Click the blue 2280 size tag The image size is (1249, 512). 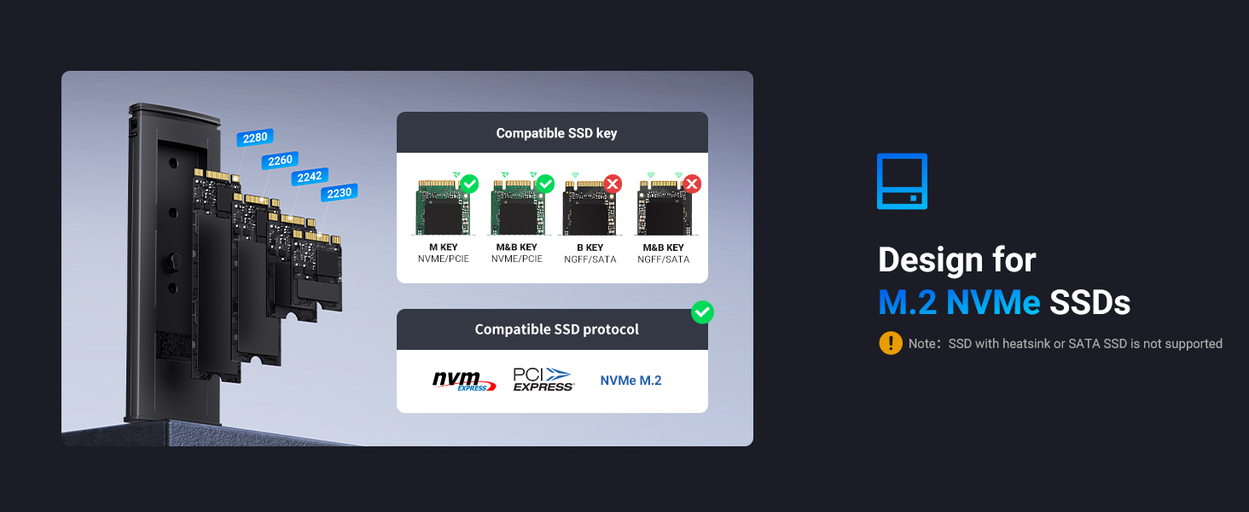click(254, 137)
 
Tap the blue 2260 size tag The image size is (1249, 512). click(280, 160)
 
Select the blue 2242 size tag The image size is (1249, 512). click(309, 177)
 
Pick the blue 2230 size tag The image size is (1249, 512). click(339, 193)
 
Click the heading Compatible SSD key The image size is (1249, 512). click(556, 133)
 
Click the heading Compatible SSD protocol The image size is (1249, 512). click(556, 329)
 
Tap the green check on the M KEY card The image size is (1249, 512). click(469, 183)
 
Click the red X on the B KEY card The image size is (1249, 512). click(613, 183)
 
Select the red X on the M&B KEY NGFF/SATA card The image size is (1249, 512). click(692, 183)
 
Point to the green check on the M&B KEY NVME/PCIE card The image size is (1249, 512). click(545, 183)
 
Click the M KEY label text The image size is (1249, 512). click(443, 247)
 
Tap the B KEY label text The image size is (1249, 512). click(590, 247)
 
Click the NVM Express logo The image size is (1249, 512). click(463, 381)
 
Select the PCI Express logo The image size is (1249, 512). click(543, 380)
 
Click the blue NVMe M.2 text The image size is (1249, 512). click(630, 381)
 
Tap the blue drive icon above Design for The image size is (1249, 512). click(902, 181)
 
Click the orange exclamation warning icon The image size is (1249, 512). click(890, 343)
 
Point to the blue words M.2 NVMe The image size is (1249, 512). click(959, 302)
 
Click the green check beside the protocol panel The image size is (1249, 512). click(702, 313)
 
